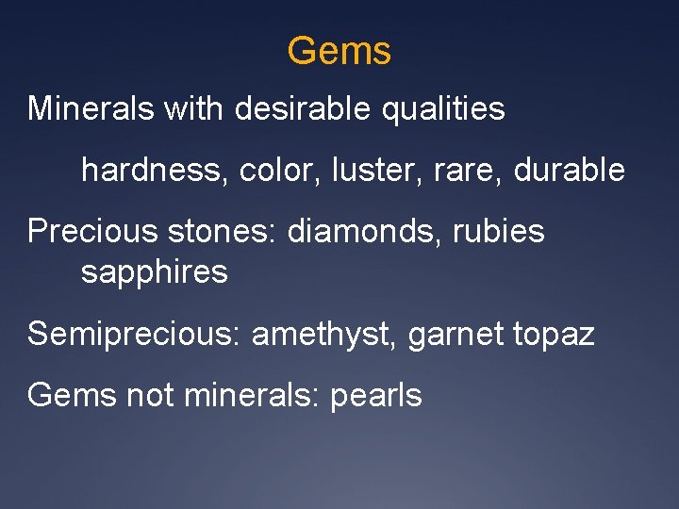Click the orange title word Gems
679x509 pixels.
pyautogui.click(x=339, y=51)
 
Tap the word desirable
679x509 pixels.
pyautogui.click(x=303, y=108)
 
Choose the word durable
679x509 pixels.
pyautogui.click(x=570, y=170)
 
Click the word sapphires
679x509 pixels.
pyautogui.click(x=155, y=273)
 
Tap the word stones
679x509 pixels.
pyautogui.click(x=226, y=231)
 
